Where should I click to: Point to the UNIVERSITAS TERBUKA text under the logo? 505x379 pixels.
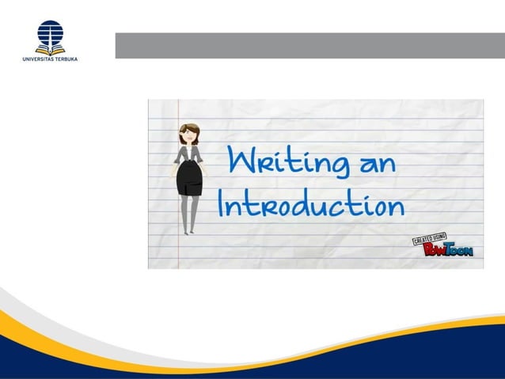(50, 58)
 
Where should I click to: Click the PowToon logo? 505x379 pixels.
(448, 251)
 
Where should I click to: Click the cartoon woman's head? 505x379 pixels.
(188, 133)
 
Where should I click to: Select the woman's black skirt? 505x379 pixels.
(188, 177)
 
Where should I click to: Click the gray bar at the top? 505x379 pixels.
(309, 45)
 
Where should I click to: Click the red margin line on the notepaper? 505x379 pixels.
(179, 253)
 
